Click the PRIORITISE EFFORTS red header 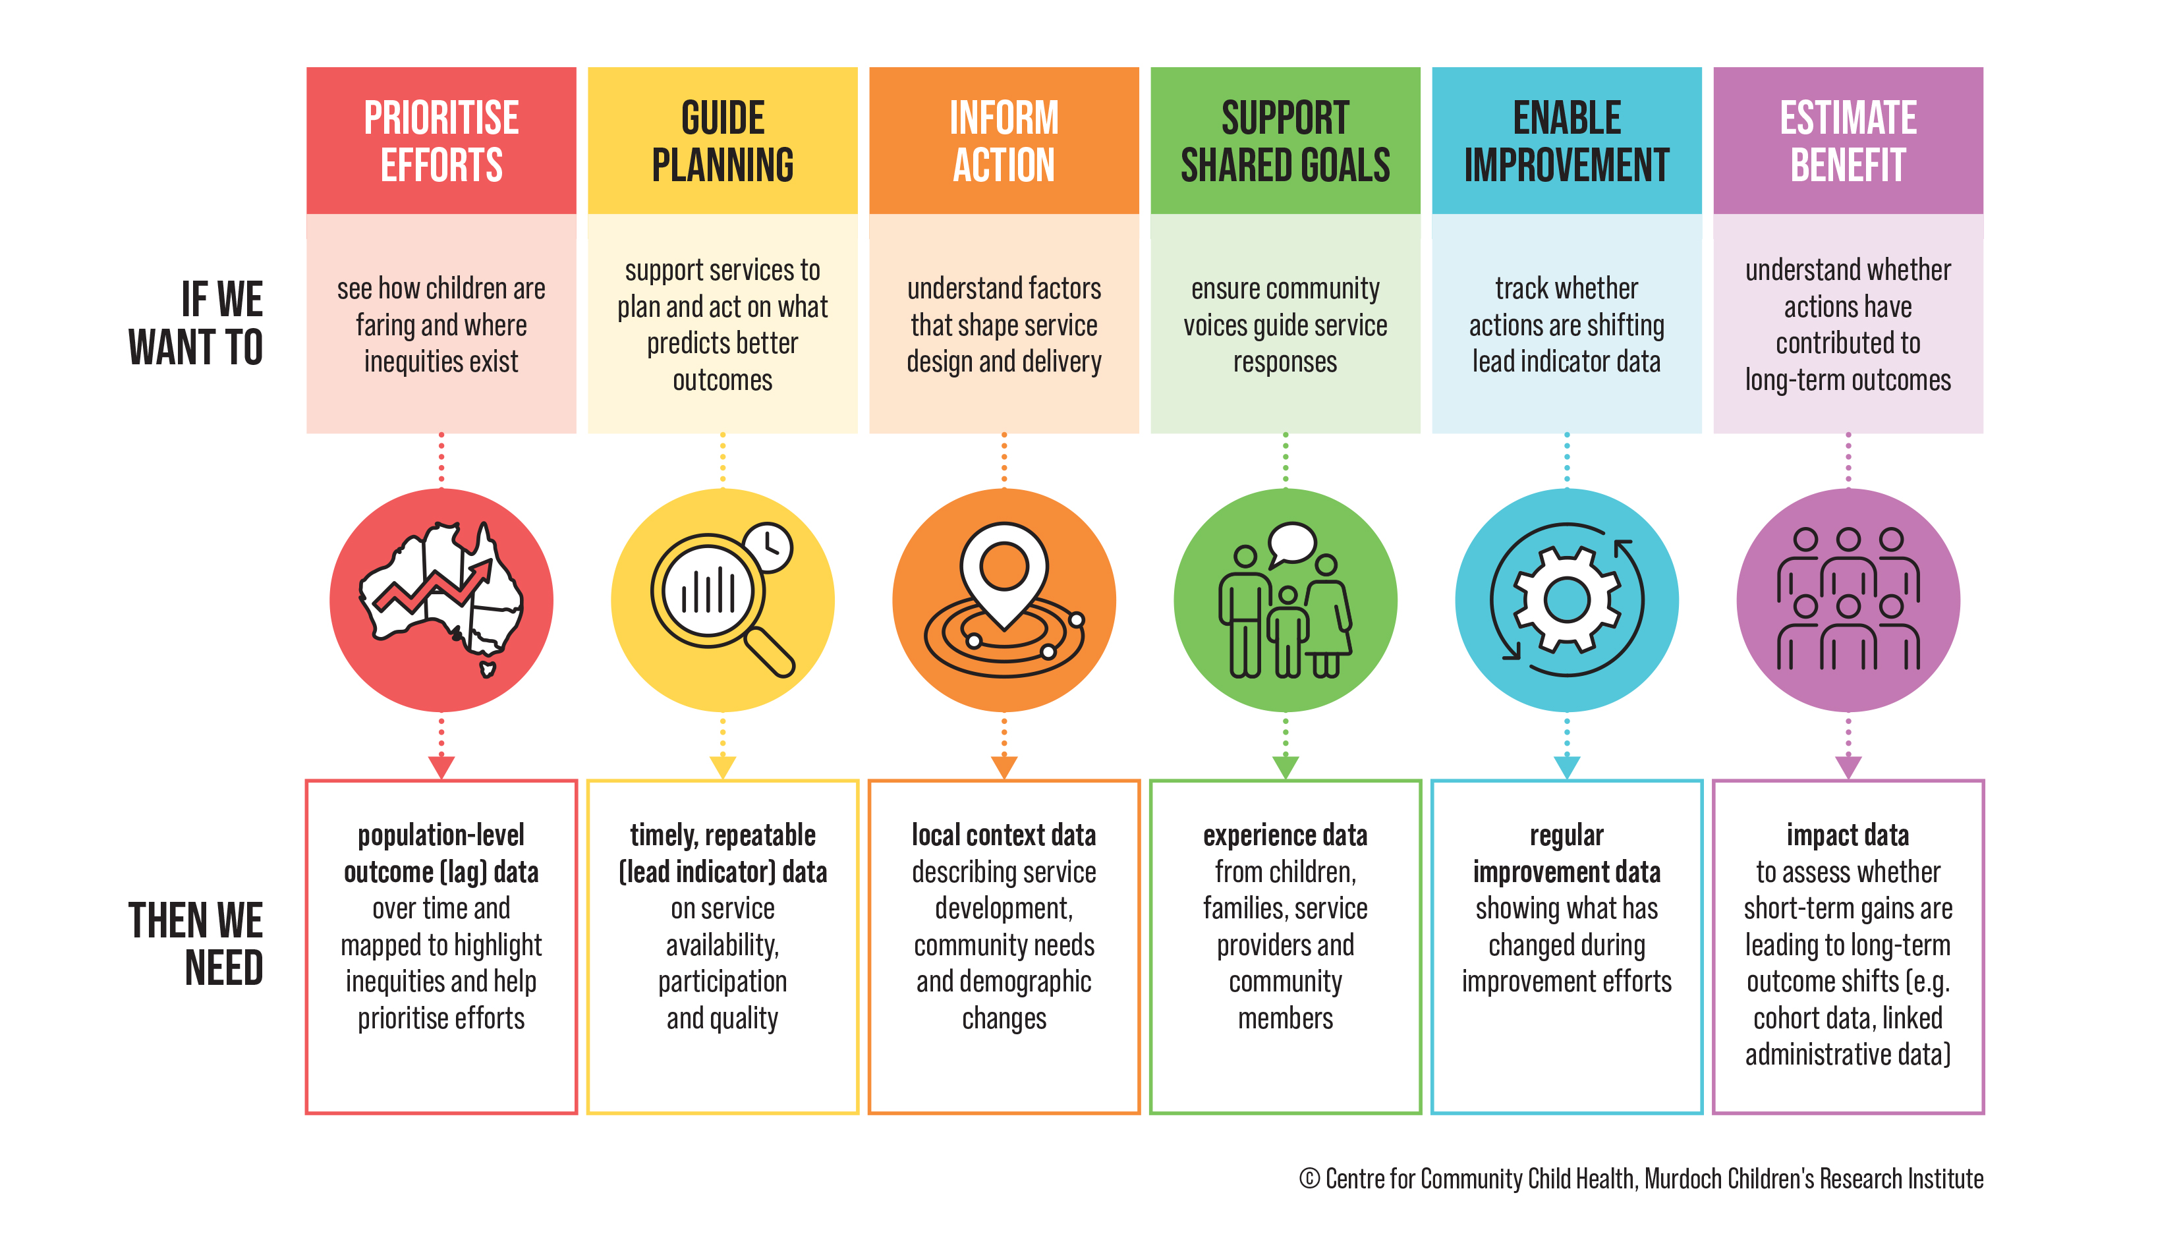(441, 140)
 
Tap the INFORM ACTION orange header (1004, 140)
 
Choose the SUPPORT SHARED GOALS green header (1285, 140)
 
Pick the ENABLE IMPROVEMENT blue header (1566, 140)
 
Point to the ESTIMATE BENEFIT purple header (1848, 140)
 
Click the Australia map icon (441, 599)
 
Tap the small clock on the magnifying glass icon (767, 547)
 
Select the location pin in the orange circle (1004, 574)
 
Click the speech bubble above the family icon (1292, 544)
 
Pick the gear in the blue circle (1566, 599)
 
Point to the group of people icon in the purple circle (1848, 599)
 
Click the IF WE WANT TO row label (196, 323)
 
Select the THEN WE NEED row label (196, 943)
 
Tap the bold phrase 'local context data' (1004, 835)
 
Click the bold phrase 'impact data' (1848, 835)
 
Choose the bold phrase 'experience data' (1285, 835)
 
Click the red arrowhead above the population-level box (441, 766)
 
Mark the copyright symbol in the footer (1309, 1178)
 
